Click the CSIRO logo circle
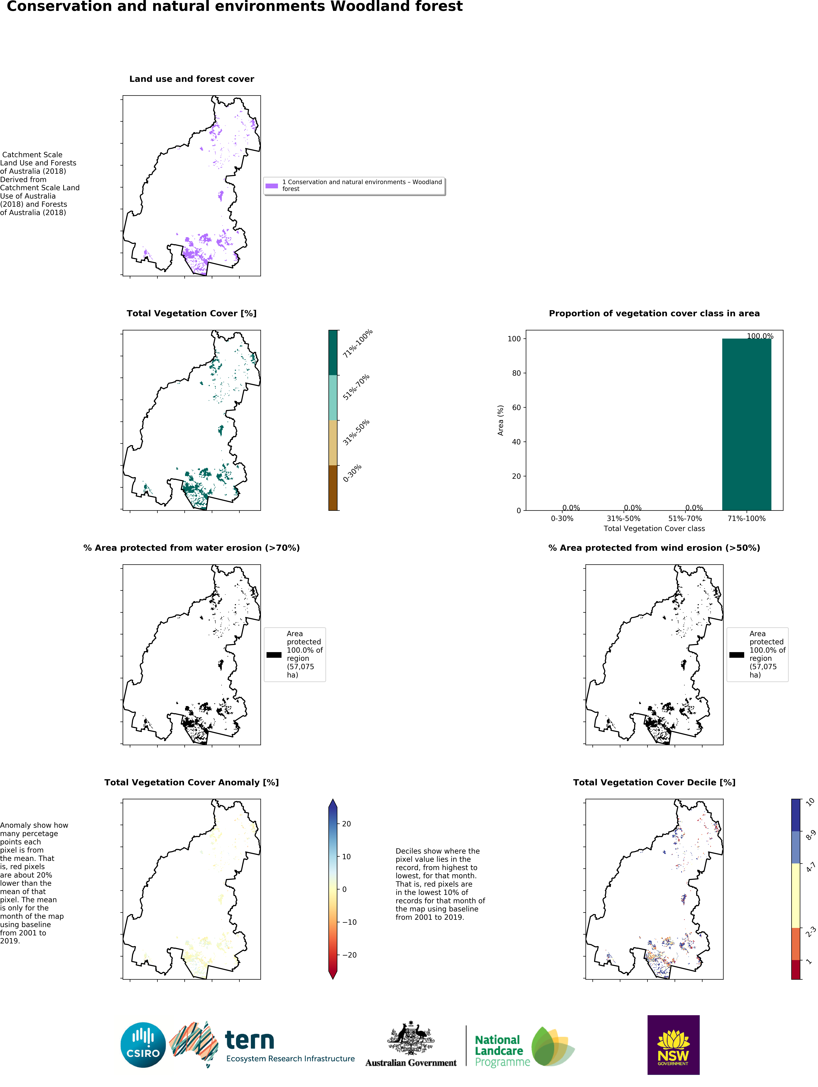[x=143, y=1045]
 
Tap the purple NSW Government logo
[x=673, y=1044]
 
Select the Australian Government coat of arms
[x=411, y=1038]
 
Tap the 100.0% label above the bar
[x=759, y=336]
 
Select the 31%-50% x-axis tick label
[x=623, y=518]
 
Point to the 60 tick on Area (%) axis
[x=516, y=407]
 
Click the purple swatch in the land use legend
[x=272, y=186]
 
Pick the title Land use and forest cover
[x=192, y=79]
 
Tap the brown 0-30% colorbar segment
[x=333, y=487]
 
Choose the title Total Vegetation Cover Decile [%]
[x=654, y=782]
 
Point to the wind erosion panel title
[x=654, y=548]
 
